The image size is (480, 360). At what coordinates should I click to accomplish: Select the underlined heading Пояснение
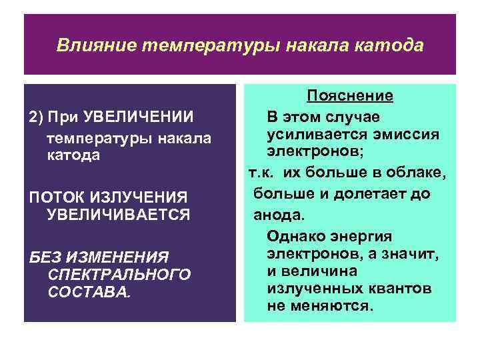349,96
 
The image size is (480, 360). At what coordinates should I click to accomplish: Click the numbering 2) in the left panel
35,117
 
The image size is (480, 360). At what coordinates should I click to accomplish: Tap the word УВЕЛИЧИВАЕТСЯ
117,214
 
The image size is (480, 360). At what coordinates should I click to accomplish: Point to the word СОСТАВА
87,292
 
